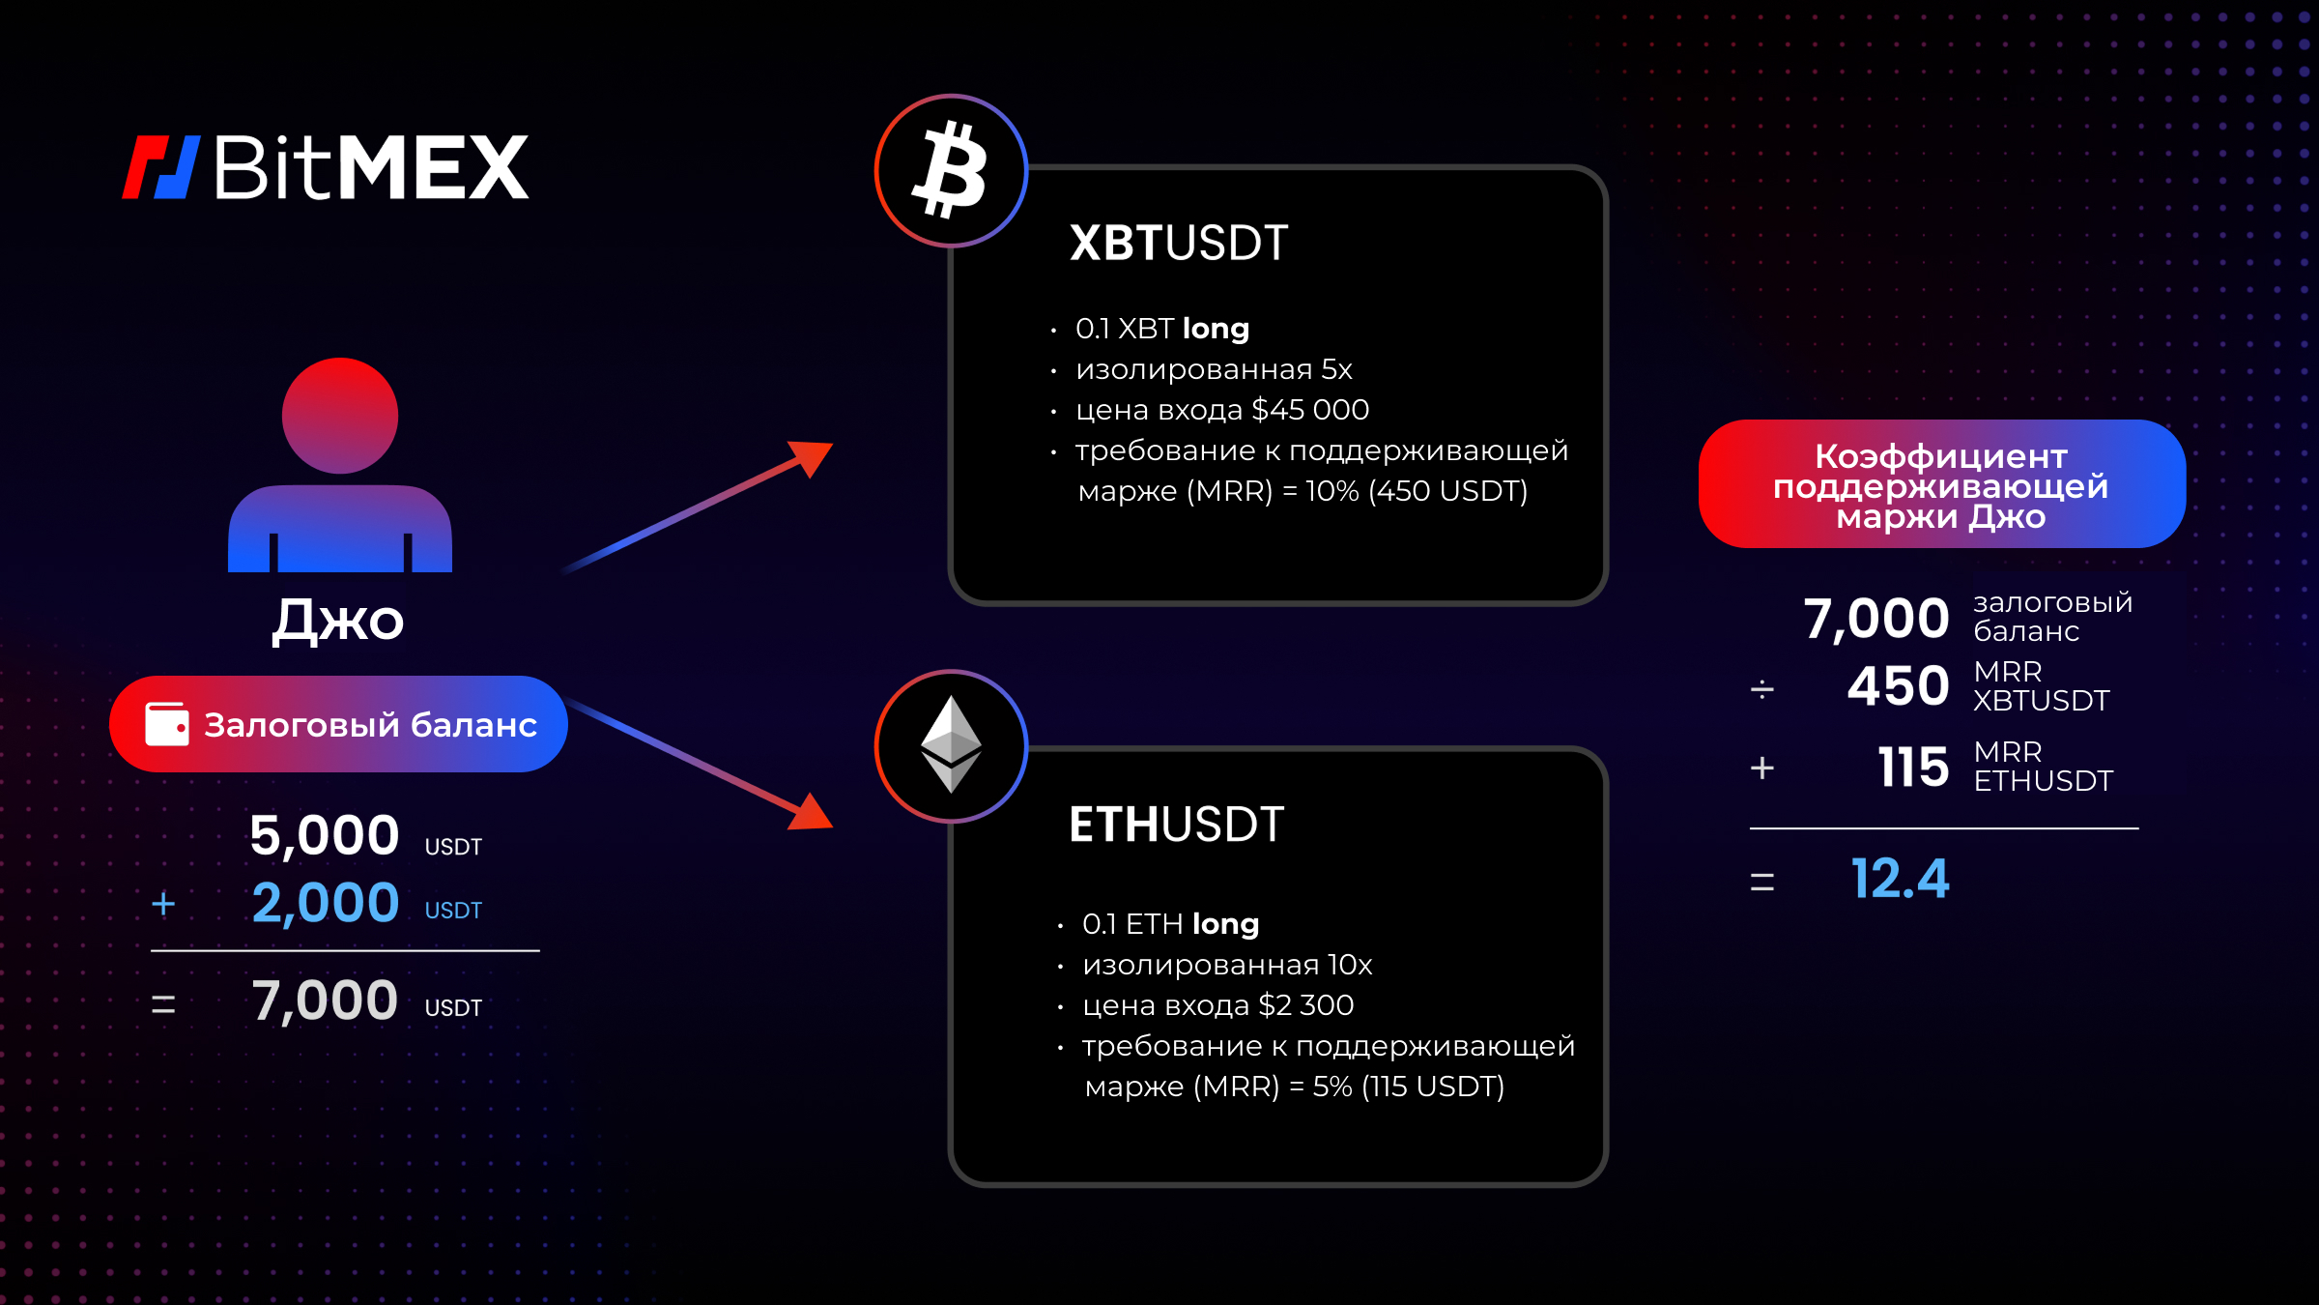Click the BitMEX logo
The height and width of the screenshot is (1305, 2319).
[x=326, y=167]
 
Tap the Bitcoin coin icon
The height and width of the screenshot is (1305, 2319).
[x=951, y=171]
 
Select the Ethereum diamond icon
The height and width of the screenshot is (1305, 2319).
[x=951, y=745]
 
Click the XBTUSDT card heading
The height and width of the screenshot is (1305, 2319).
[x=1179, y=243]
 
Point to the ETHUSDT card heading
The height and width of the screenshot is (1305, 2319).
[x=1177, y=825]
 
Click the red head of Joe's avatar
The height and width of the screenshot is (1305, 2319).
[x=340, y=416]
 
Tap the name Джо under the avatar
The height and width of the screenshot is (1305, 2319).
[x=338, y=620]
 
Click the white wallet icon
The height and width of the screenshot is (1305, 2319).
[x=167, y=724]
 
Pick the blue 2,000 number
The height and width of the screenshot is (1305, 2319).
[x=326, y=903]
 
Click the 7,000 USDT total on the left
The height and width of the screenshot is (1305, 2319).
[x=366, y=1000]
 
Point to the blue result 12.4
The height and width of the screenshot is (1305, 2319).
[x=1900, y=879]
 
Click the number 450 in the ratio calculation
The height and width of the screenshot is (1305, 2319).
[x=1898, y=686]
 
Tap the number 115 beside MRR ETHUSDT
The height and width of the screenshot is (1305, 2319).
[x=1913, y=768]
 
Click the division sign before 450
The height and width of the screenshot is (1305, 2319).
[x=1761, y=689]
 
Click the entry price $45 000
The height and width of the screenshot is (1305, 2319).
[x=1310, y=410]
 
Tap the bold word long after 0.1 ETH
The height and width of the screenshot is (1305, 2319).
[x=1226, y=925]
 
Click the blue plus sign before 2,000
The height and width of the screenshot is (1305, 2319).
[x=163, y=904]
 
